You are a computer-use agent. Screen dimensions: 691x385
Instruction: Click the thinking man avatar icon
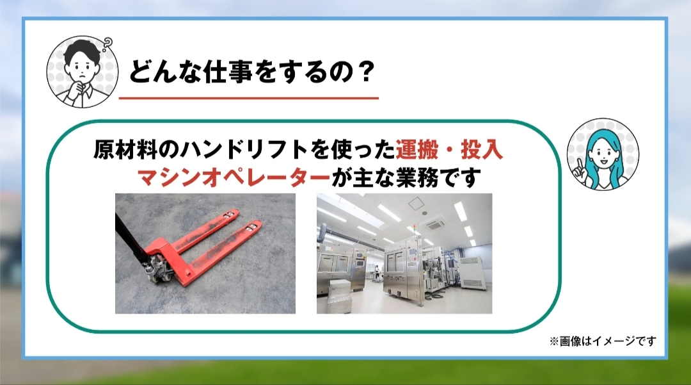pyautogui.click(x=83, y=72)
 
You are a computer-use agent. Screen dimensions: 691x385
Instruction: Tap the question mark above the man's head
pyautogui.click(x=107, y=44)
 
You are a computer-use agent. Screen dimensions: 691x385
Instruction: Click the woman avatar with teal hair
pyautogui.click(x=603, y=154)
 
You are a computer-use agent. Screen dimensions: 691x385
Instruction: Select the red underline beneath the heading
pyautogui.click(x=248, y=98)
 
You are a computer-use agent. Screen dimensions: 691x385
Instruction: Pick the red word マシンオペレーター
pyautogui.click(x=234, y=178)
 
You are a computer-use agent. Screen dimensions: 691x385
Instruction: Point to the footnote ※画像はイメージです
pyautogui.click(x=603, y=341)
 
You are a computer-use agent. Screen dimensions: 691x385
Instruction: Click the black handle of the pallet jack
pyautogui.click(x=130, y=238)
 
